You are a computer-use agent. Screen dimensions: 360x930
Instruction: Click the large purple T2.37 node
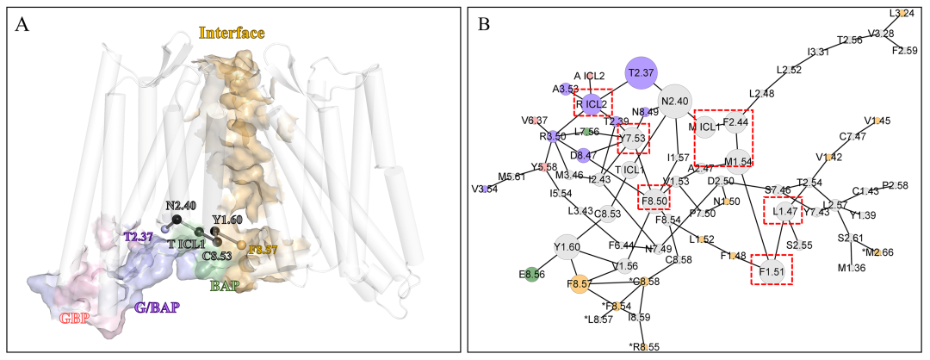[x=640, y=73]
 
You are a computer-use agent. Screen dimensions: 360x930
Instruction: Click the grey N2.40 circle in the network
[x=677, y=101]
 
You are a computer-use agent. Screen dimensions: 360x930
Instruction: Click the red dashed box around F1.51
[x=771, y=269]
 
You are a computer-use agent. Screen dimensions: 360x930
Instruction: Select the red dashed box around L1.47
[x=784, y=211]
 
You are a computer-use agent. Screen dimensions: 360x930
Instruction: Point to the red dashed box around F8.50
[x=654, y=201]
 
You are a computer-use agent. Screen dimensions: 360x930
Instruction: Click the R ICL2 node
[x=592, y=104]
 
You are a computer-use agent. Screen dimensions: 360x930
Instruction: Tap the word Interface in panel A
[x=232, y=34]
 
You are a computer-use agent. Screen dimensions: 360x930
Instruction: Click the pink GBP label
[x=77, y=319]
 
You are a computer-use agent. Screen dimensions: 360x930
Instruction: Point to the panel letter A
[x=24, y=24]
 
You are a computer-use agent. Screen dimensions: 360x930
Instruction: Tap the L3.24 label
[x=901, y=14]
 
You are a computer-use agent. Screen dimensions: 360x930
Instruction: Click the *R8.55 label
[x=643, y=347]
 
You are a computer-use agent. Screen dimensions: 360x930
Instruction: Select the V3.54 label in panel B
[x=486, y=189]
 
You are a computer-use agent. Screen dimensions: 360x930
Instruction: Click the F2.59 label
[x=904, y=51]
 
